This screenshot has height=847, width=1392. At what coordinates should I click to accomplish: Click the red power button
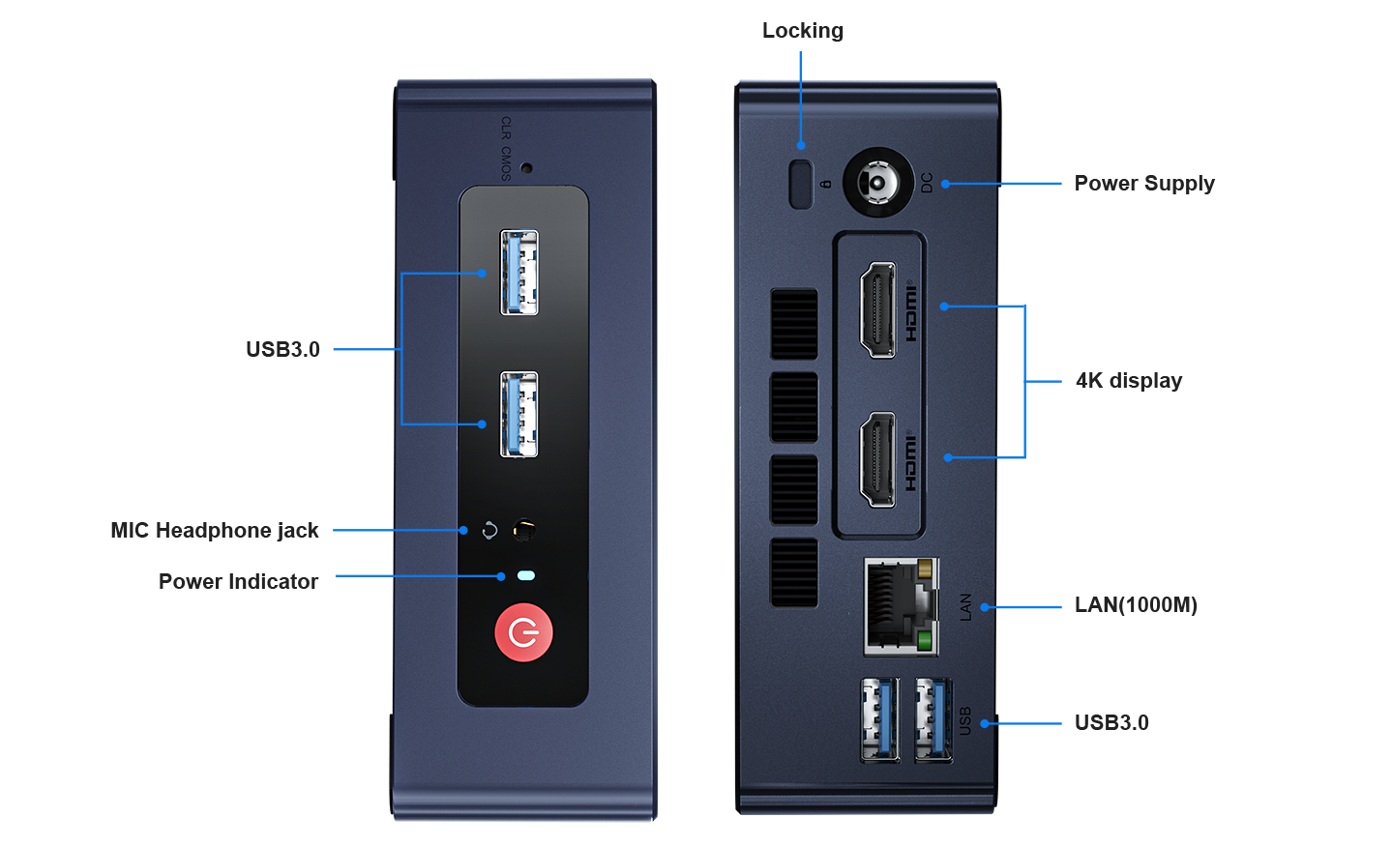pos(523,633)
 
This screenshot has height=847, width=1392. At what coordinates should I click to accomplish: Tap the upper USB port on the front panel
pos(518,272)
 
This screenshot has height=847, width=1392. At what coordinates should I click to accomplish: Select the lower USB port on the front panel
pos(518,414)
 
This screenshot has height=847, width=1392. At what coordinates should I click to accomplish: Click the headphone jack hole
pos(524,530)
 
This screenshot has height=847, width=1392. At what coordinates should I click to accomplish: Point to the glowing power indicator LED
pos(525,576)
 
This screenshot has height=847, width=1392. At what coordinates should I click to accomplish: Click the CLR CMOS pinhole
pos(526,167)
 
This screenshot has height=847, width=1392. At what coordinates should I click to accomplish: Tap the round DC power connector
pos(877,182)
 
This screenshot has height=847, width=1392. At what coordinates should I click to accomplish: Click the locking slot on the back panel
pos(800,184)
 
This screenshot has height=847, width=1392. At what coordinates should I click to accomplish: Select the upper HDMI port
pos(878,309)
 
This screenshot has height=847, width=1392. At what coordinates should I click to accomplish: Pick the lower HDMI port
pos(878,459)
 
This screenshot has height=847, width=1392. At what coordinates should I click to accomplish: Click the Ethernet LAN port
pos(900,606)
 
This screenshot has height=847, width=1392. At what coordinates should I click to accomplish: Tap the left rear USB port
pos(879,719)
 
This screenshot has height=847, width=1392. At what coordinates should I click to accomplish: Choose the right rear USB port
pos(933,719)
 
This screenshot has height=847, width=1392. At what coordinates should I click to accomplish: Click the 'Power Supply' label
pos(1144,183)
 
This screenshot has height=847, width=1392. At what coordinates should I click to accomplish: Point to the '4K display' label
pos(1128,381)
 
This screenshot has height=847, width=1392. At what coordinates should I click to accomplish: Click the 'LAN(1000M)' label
pos(1136,605)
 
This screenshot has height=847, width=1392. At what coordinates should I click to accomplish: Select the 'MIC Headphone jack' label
pos(215,530)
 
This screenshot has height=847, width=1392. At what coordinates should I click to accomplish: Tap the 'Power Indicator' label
pos(238,581)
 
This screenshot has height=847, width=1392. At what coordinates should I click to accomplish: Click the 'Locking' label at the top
pos(802,31)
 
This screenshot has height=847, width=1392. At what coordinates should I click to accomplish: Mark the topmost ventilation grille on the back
pos(794,323)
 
